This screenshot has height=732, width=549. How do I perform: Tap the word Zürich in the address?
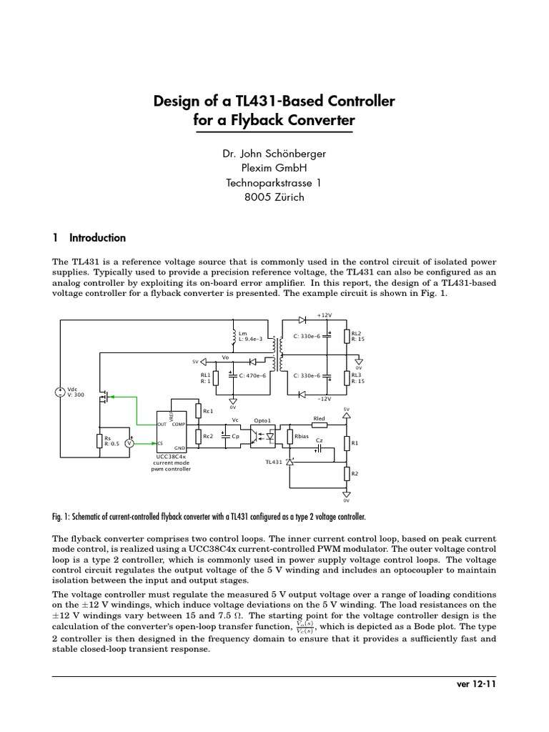[289, 197]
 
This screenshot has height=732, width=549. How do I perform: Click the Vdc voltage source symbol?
[60, 392]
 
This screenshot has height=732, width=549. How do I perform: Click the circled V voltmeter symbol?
[129, 443]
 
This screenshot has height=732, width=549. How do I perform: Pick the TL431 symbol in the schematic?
[290, 463]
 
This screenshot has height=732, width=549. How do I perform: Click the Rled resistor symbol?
[320, 425]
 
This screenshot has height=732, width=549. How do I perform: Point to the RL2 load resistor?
[347, 336]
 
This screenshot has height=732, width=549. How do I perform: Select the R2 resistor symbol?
[347, 475]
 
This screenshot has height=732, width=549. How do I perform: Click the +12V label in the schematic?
[325, 315]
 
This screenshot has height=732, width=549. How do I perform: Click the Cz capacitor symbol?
[320, 449]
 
